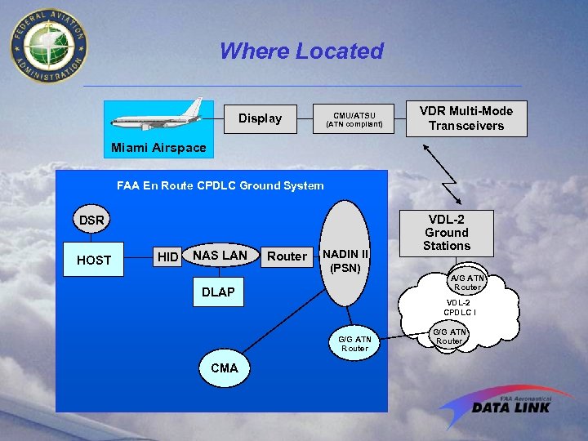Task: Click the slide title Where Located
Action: [x=301, y=51]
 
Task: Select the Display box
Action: [x=260, y=118]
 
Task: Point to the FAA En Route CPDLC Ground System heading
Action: [x=220, y=185]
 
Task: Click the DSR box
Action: [x=91, y=220]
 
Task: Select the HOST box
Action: [x=94, y=260]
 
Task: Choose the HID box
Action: [x=167, y=257]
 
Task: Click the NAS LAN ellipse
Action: [x=220, y=256]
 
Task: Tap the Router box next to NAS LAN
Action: [x=287, y=256]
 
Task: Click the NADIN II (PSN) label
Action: [x=345, y=260]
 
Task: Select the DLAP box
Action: [x=218, y=292]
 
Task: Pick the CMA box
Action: [x=224, y=367]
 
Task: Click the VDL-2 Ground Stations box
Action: [x=447, y=232]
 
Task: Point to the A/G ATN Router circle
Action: [x=467, y=282]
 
